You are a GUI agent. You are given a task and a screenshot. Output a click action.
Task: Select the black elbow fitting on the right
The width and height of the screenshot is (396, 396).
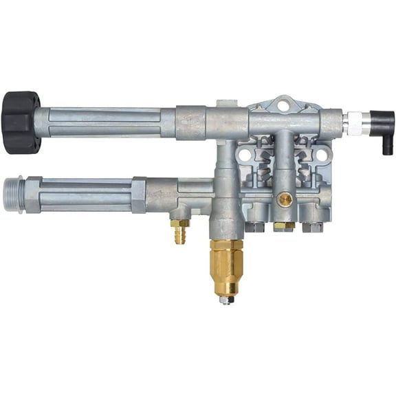pos(382,124)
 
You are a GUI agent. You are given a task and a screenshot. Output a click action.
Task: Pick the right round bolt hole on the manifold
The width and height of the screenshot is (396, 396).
pos(320,155)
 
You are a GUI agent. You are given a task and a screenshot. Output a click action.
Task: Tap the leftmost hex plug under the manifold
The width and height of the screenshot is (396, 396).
pos(253,225)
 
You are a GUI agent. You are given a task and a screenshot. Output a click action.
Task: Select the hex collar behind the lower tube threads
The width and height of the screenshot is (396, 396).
pos(33,195)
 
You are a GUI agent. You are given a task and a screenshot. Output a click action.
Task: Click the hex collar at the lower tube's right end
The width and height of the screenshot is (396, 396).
pos(138,195)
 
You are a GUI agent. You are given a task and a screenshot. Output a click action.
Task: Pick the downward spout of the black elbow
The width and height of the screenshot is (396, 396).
pos(388,144)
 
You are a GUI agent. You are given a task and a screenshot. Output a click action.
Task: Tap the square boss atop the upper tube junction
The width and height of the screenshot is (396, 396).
pos(223,104)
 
